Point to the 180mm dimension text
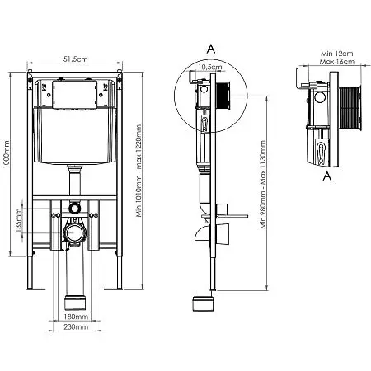76,317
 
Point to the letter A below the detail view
326,176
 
